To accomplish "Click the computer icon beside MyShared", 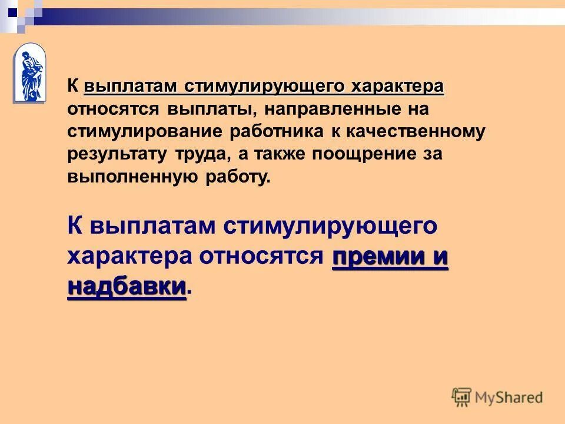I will click(461, 397).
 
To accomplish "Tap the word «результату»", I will click(118, 154).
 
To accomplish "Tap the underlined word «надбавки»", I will click(127, 287).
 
